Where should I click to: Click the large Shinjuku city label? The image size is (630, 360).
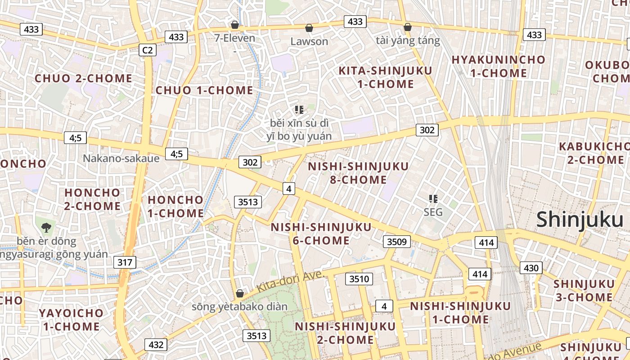pyautogui.click(x=580, y=220)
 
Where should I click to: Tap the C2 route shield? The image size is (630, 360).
pyautogui.click(x=148, y=50)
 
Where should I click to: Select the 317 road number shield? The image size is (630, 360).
pyautogui.click(x=125, y=262)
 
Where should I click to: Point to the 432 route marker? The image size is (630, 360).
pyautogui.click(x=156, y=345)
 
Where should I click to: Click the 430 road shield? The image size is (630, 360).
pyautogui.click(x=531, y=268)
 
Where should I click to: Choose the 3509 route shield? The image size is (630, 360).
pyautogui.click(x=397, y=242)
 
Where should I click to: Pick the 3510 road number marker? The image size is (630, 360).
pyautogui.click(x=359, y=279)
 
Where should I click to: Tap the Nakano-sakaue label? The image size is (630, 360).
pyautogui.click(x=121, y=158)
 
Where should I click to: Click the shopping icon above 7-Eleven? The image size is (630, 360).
pyautogui.click(x=234, y=24)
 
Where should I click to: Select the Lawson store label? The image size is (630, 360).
pyautogui.click(x=309, y=41)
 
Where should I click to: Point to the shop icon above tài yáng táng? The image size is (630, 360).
pyautogui.click(x=407, y=27)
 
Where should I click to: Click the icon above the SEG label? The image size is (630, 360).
pyautogui.click(x=433, y=198)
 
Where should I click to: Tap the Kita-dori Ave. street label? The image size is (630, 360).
pyautogui.click(x=291, y=282)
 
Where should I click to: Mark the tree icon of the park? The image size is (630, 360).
pyautogui.click(x=45, y=227)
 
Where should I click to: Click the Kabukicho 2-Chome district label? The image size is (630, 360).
pyautogui.click(x=594, y=153)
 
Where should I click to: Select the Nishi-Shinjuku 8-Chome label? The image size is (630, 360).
pyautogui.click(x=359, y=173)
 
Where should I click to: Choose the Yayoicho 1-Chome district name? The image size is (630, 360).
pyautogui.click(x=71, y=319)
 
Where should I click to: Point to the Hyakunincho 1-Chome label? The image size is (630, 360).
pyautogui.click(x=498, y=66)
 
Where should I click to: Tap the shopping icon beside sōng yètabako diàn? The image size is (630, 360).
pyautogui.click(x=240, y=294)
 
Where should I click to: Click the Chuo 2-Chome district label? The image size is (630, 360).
pyautogui.click(x=84, y=78)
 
